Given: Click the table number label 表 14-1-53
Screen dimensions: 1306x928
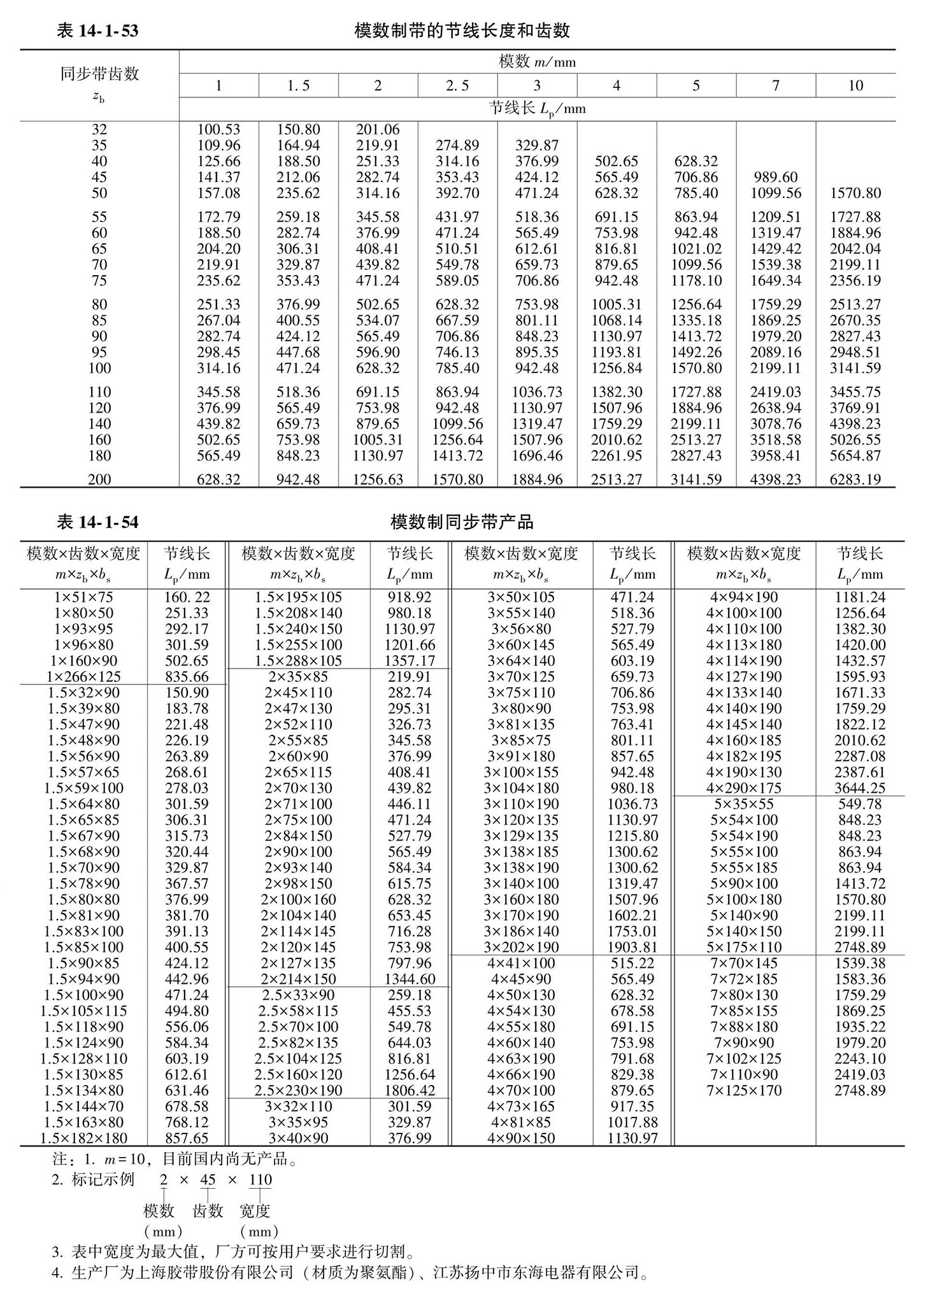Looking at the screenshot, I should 97,31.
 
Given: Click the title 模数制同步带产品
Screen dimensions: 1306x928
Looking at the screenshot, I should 462,522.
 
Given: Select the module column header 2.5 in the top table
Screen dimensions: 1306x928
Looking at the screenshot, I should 457,85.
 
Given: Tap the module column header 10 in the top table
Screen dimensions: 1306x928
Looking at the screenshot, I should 855,85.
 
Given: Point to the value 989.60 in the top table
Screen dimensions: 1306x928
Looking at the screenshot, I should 775,177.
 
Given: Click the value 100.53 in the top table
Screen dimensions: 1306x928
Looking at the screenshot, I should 218,130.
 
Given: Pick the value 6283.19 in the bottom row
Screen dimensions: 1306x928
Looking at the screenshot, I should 855,479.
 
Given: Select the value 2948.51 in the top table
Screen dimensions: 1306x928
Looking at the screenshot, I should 855,352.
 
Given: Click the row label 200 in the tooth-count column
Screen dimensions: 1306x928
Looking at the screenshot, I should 99,479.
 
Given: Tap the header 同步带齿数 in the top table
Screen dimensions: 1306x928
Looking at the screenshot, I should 99,74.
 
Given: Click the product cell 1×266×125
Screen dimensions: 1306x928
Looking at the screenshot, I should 83,676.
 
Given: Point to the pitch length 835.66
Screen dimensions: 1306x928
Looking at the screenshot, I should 187,676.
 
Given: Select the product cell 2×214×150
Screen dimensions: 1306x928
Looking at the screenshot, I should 298,979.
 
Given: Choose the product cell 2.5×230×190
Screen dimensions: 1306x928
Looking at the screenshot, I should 298,1090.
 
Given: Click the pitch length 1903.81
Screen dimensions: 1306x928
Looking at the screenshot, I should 632,947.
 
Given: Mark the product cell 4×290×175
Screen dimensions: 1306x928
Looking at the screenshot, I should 744,788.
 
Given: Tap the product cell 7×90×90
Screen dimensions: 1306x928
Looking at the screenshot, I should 744,1042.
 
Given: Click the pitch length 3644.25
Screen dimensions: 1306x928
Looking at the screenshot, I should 860,788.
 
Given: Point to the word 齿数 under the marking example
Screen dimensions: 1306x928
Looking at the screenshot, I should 208,1210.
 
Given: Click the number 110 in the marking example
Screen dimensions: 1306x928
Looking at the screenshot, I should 260,1179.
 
